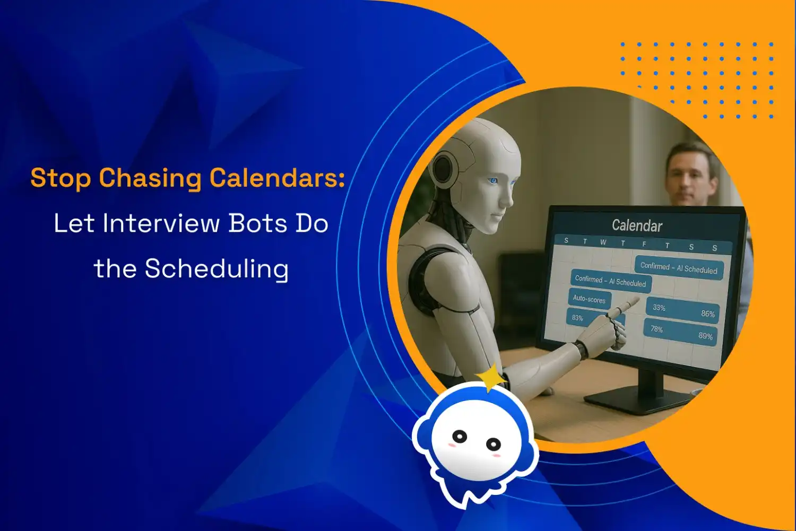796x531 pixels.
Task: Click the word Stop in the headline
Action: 60,178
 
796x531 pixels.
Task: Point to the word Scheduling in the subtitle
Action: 217,269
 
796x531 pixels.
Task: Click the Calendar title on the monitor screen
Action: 637,225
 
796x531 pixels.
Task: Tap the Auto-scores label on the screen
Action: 589,299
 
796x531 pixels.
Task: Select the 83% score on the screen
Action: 577,318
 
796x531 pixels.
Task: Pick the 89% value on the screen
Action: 705,336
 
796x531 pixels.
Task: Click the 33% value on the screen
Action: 659,308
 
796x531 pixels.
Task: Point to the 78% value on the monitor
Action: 657,329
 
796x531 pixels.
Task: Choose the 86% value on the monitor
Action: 708,314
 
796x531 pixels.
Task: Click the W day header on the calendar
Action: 603,242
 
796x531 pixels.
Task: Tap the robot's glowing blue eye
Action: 493,181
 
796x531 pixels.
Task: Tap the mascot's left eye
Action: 460,436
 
